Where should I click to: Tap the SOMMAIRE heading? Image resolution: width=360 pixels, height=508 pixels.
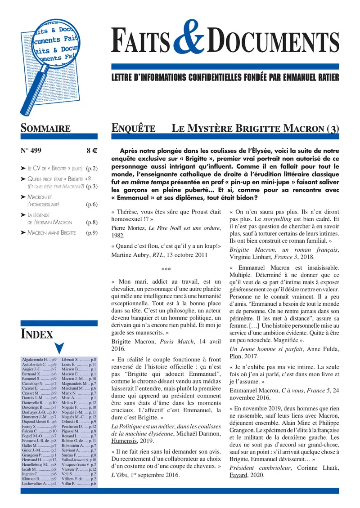45,128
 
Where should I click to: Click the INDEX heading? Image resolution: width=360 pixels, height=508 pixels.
37,334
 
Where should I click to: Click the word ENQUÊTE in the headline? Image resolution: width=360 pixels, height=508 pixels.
134,128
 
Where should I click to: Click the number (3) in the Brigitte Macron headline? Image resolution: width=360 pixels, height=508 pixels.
333,128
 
